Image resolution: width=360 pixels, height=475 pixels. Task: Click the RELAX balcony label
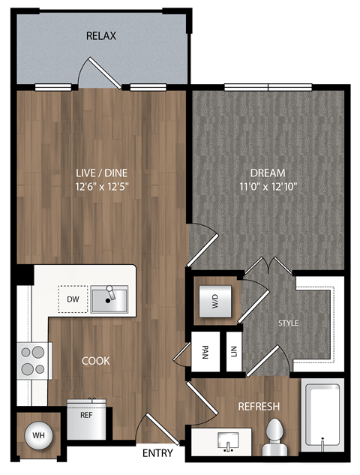(x=100, y=36)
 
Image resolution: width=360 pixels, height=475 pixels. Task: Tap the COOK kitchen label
(x=96, y=361)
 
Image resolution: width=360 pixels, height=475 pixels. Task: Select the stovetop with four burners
(x=32, y=361)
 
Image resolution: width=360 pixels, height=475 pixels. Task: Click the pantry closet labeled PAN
(x=205, y=351)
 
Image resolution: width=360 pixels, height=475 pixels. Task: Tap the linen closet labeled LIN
(x=234, y=351)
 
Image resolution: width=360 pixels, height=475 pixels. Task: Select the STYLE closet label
(x=289, y=323)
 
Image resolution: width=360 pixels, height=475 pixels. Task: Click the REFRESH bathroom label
(x=259, y=407)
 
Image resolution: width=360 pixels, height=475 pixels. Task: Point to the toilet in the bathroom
(x=276, y=437)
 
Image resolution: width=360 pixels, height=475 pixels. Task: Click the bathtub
(x=322, y=417)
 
